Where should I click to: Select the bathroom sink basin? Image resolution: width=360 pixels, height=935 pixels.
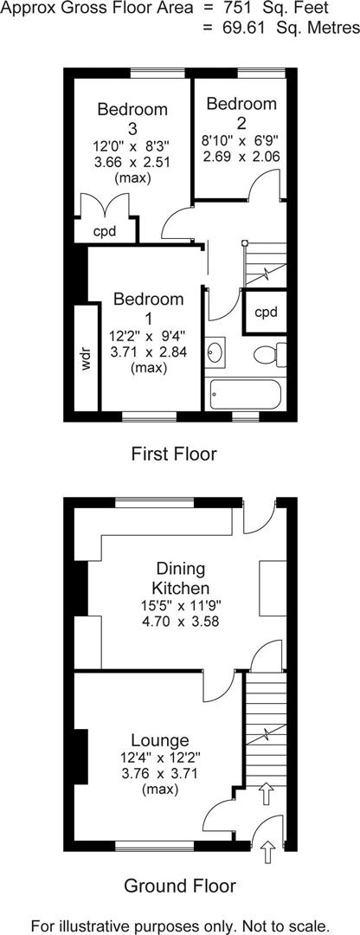(x=216, y=352)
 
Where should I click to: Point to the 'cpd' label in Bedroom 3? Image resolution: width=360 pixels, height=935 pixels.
(x=105, y=231)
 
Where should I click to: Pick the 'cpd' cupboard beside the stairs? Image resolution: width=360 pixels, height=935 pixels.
(x=266, y=313)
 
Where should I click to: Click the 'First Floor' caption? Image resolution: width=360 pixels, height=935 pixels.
(x=174, y=454)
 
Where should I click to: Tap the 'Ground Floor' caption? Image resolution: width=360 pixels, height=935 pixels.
(x=179, y=886)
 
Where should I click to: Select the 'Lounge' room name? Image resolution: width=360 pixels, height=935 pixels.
(x=160, y=740)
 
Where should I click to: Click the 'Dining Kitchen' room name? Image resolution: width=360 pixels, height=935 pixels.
(x=180, y=578)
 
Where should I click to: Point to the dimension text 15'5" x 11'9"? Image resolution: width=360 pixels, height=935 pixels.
(x=180, y=605)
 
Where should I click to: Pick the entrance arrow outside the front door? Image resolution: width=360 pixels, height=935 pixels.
(x=267, y=852)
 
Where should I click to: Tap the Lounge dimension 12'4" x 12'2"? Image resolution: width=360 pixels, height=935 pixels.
(x=160, y=758)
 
